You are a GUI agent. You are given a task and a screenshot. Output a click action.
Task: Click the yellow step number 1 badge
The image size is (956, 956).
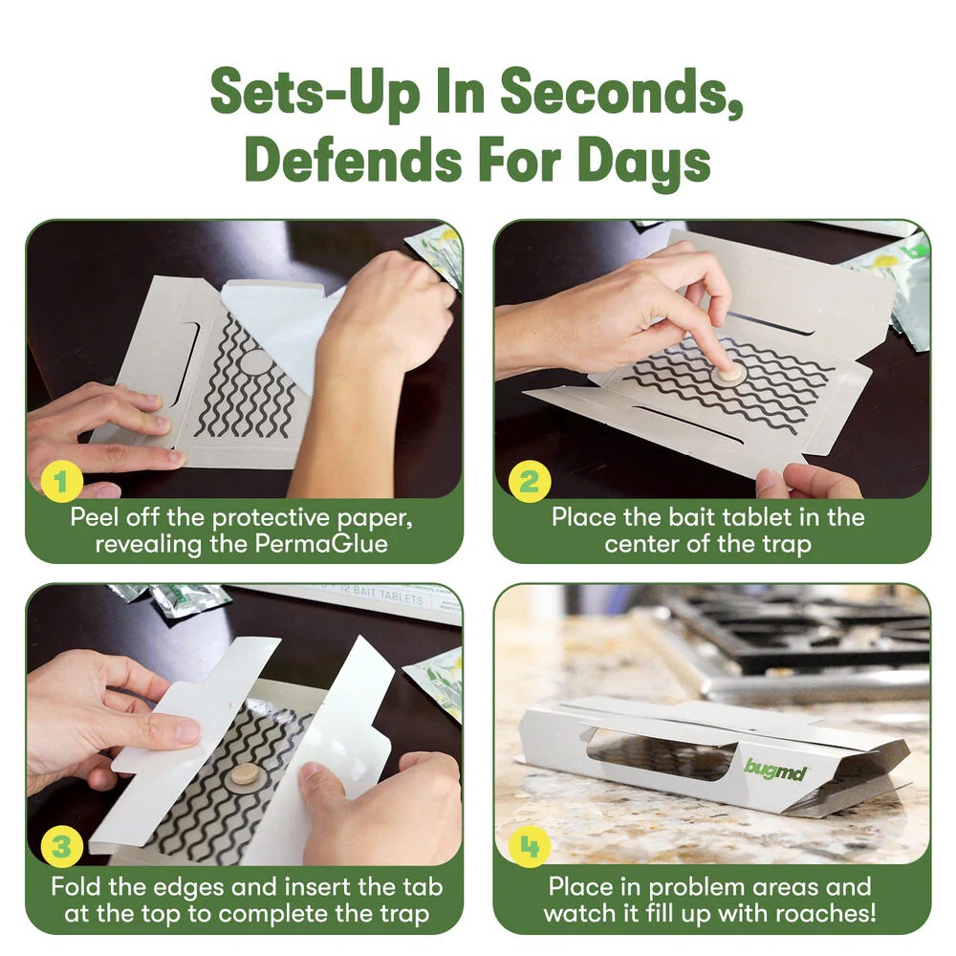point(61,481)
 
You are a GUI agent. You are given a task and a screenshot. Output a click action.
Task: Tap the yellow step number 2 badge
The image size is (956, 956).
point(530,481)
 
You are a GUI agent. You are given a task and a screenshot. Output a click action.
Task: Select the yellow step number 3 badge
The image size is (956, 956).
point(61,846)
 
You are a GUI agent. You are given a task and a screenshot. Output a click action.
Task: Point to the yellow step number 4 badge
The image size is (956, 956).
point(530,846)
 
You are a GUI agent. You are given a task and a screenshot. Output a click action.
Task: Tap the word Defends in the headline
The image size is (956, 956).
point(354,160)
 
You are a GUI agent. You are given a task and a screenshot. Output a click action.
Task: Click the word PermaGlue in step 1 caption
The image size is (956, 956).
point(320,543)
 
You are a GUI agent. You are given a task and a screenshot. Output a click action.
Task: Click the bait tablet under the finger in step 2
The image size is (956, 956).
point(727,372)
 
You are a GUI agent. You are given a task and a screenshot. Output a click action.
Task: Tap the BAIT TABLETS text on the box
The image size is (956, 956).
point(388,594)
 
